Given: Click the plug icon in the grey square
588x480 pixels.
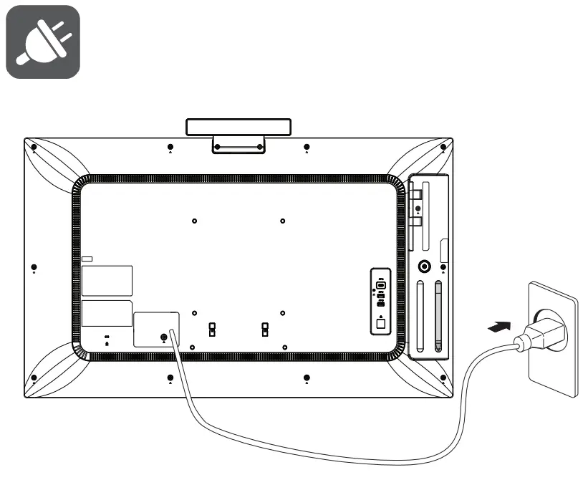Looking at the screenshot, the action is (x=42, y=42).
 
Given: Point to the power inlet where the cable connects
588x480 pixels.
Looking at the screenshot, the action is (x=164, y=337).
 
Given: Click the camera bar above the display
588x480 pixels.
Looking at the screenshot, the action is (x=238, y=128).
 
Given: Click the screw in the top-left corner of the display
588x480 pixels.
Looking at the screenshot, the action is (x=34, y=148).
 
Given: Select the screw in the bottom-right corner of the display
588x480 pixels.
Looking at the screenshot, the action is (x=443, y=378).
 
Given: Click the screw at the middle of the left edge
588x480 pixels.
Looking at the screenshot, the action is (x=34, y=268).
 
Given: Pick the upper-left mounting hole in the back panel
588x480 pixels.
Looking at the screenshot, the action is (x=195, y=221).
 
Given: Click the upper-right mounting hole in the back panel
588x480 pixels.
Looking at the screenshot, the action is (x=283, y=221).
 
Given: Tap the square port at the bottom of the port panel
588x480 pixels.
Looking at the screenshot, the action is (x=381, y=323).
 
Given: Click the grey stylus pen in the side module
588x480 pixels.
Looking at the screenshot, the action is (x=437, y=315).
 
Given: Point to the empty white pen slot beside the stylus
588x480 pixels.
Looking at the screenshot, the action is (x=419, y=315).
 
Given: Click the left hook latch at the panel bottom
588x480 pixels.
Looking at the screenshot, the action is (x=212, y=329).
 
